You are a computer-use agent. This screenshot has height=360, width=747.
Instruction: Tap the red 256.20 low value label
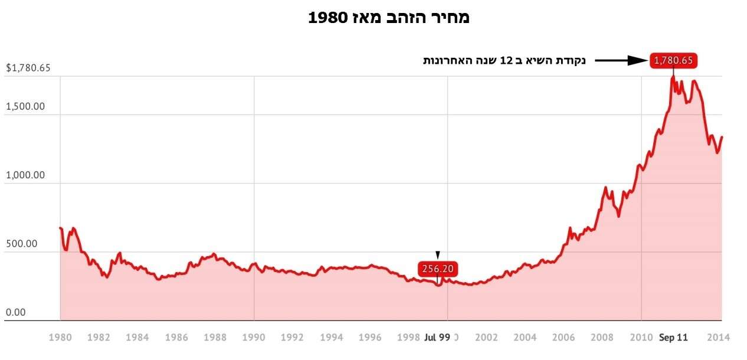[x=437, y=269]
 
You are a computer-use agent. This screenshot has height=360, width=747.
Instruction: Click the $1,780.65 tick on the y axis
[x=28, y=68]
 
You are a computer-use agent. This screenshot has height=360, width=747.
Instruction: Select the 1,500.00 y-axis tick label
[x=25, y=107]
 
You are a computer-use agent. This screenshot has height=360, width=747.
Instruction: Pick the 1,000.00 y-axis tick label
[x=25, y=175]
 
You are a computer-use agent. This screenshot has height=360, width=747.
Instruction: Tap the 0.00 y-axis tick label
[x=16, y=312]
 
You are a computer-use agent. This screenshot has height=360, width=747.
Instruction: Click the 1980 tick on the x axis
[x=60, y=338]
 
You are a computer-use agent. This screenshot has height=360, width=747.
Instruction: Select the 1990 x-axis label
[x=254, y=338]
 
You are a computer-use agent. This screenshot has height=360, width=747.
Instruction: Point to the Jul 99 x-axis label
[x=437, y=338]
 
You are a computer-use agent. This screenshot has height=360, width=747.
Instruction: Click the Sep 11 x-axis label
[x=673, y=338]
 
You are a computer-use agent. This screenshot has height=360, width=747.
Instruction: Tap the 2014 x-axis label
[x=719, y=338]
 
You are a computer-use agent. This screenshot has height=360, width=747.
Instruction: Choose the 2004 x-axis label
[x=525, y=338]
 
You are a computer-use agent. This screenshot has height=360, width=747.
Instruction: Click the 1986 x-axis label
[x=176, y=338]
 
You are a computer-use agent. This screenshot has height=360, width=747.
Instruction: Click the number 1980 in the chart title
[x=327, y=18]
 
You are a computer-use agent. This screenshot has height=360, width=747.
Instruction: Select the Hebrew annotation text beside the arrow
[x=504, y=60]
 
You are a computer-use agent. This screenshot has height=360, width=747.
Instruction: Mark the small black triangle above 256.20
[x=437, y=255]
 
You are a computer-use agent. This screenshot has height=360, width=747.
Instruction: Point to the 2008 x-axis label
[x=602, y=338]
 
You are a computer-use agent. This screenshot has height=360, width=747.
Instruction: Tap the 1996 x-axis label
[x=370, y=338]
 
